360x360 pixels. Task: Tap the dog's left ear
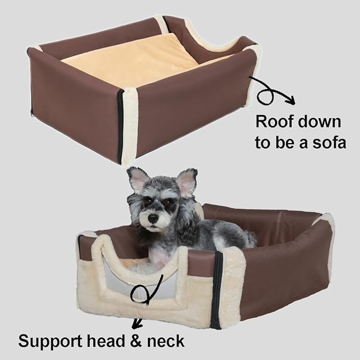pyautogui.click(x=187, y=181)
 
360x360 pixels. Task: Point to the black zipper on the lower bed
pyautogui.click(x=217, y=289)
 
